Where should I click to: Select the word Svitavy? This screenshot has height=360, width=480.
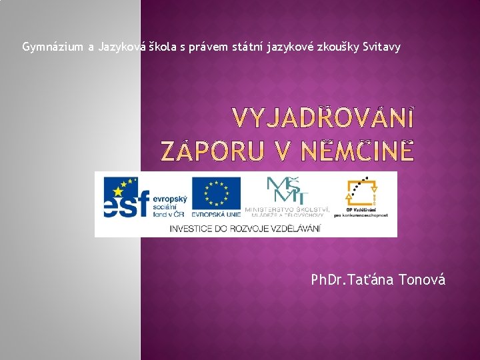click(x=381, y=47)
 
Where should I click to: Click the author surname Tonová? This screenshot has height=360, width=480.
click(x=421, y=279)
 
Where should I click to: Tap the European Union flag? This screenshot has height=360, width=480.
click(x=216, y=192)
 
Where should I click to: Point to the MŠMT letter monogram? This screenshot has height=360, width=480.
click(x=287, y=189)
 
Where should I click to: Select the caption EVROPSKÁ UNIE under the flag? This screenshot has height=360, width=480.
click(x=216, y=215)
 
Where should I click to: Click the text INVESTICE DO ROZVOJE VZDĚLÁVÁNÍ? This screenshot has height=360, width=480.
click(x=246, y=228)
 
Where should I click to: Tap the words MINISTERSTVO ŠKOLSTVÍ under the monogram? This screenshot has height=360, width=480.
click(x=287, y=209)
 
